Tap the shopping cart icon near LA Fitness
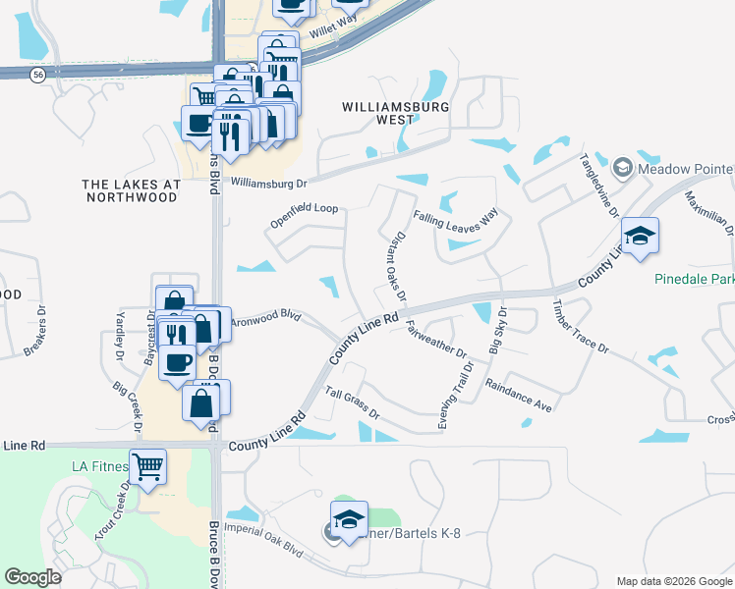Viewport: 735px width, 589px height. coord(147,467)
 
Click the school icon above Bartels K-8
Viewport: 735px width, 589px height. coord(349,519)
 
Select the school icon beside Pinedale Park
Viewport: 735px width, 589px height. coord(639,236)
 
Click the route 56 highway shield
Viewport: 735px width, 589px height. coord(37,75)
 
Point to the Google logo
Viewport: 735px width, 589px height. coord(33,577)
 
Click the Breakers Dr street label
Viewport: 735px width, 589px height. coord(42,323)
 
